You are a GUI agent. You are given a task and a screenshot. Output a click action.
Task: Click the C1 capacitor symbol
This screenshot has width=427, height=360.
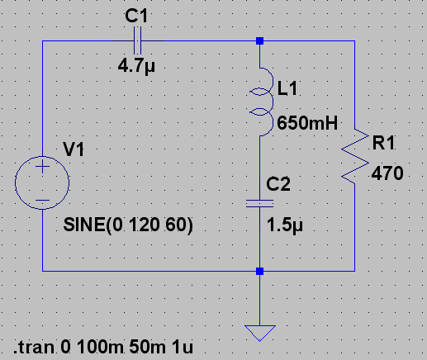click(137, 40)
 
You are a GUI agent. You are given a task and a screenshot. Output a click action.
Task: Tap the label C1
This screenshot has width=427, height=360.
click(136, 16)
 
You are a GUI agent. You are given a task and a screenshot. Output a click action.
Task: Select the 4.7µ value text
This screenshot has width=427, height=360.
click(136, 66)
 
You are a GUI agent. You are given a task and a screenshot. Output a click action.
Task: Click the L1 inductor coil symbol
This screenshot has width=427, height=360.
click(262, 102)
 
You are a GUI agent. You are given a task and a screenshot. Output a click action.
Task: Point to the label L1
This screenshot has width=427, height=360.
click(287, 88)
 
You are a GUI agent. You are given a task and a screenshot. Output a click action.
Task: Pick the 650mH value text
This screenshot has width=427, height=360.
click(307, 123)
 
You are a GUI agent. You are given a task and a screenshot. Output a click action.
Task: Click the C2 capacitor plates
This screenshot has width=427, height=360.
click(259, 203)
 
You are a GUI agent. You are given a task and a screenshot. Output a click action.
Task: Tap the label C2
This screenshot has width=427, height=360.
click(278, 184)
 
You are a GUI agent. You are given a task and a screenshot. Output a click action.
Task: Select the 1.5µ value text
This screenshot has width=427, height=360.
click(285, 225)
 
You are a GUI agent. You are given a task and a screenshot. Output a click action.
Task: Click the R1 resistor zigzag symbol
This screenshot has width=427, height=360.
click(355, 156)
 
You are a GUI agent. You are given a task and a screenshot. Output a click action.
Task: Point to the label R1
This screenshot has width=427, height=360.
click(384, 143)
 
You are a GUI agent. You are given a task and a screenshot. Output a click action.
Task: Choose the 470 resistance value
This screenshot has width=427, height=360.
click(387, 173)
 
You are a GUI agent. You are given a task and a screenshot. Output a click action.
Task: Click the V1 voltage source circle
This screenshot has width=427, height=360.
click(42, 182)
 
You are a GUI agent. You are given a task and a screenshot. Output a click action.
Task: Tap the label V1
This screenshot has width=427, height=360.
click(74, 149)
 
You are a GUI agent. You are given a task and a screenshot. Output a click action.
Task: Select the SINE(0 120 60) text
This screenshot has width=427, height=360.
click(128, 225)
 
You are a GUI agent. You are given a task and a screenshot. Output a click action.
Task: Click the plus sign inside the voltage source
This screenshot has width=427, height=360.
click(42, 166)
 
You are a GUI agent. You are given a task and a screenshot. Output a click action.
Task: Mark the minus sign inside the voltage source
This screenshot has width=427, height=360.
click(42, 201)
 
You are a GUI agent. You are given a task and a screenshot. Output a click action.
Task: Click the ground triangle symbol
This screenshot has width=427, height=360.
click(260, 333)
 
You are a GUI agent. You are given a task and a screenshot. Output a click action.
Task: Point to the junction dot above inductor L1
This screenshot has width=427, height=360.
click(259, 40)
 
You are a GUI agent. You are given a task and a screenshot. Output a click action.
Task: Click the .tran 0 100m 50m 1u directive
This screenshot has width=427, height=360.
click(103, 347)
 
